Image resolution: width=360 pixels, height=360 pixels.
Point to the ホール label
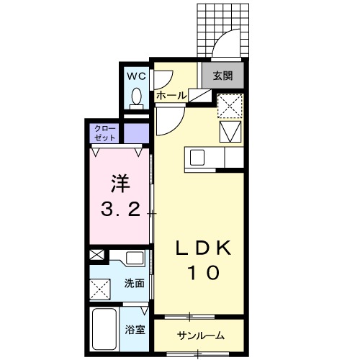171,95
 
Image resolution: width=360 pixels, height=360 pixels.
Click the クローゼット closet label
104,133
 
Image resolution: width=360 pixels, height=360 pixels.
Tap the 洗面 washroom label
133,283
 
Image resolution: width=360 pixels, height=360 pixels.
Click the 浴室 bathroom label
134,330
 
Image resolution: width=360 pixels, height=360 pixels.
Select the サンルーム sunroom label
201,336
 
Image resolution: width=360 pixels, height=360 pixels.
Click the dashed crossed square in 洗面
101,288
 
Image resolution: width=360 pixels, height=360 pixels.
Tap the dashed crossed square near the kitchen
229,106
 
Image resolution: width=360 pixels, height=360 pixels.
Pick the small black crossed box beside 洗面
96,255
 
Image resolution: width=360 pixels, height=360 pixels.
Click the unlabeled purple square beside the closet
134,133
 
